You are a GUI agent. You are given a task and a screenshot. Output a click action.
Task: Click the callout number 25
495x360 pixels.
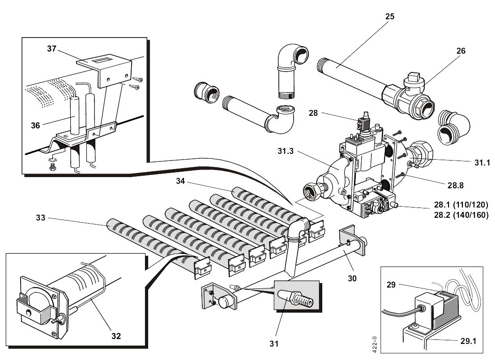click(x=389, y=17)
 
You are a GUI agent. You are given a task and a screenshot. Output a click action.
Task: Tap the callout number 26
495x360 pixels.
click(x=461, y=51)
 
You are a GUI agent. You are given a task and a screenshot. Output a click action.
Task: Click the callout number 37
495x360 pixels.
click(x=52, y=49)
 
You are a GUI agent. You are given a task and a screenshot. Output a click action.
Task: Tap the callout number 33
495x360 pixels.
click(x=41, y=218)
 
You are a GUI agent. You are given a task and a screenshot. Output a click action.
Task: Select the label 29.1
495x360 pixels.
click(x=468, y=341)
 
